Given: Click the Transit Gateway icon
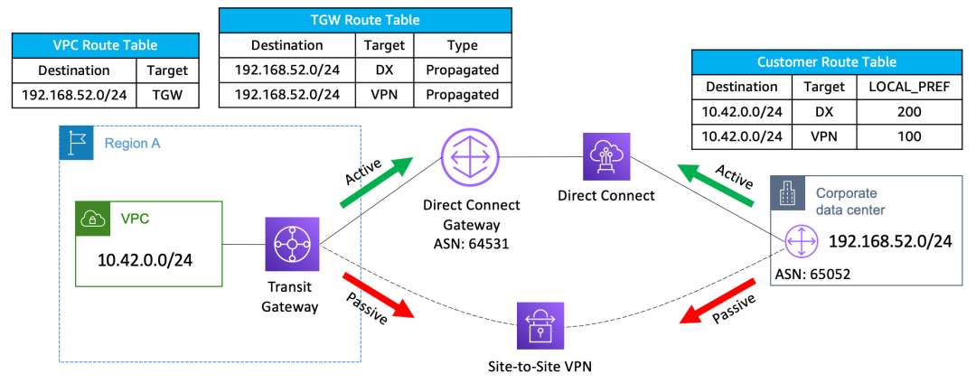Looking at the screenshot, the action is tap(292, 245).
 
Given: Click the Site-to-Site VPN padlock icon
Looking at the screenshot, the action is tap(540, 326).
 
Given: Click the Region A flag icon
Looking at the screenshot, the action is tap(75, 143).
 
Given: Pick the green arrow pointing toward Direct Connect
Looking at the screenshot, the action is tap(715, 184).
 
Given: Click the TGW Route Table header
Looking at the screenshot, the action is tap(365, 20).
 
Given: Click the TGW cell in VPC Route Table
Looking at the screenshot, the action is tap(167, 95).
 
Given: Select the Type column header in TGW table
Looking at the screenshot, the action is tap(463, 45).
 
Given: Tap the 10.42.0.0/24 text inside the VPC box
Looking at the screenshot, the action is tap(145, 259).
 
